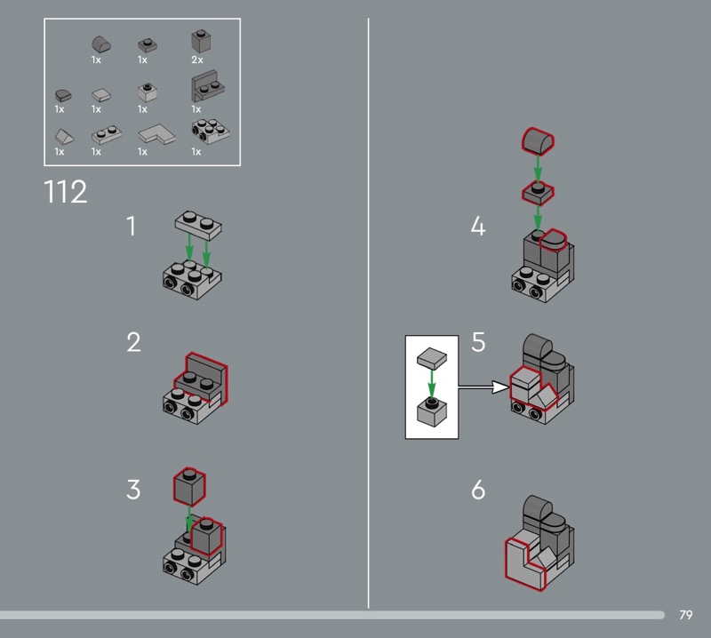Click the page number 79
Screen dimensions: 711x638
[x=685, y=615]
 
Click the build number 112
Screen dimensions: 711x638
[x=65, y=192]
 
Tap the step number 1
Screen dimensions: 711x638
[x=131, y=226]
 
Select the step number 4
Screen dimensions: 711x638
[x=478, y=226]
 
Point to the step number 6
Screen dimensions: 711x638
[x=478, y=490]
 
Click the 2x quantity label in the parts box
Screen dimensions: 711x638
[x=197, y=60]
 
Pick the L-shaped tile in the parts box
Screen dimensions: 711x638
[x=156, y=134]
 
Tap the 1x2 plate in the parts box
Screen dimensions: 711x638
[x=107, y=135]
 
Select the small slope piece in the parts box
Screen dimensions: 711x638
[x=64, y=136]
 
